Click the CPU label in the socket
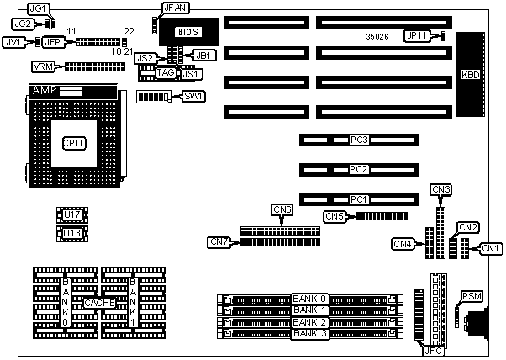point(73,143)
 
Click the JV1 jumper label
point(13,41)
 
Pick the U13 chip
point(72,233)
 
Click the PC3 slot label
point(359,140)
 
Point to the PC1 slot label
point(359,199)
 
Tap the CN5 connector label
point(335,216)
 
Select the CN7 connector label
point(218,242)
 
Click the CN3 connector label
point(441,189)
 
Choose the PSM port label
point(470,295)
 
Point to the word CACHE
point(99,301)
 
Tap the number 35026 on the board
point(378,37)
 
